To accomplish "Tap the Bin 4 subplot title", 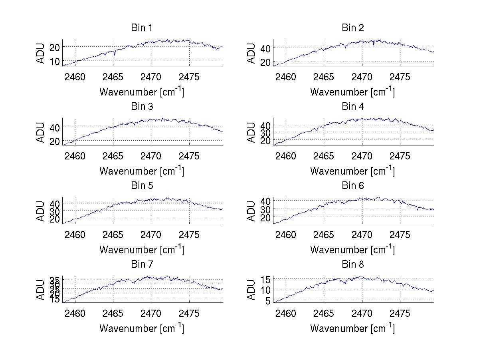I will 353,107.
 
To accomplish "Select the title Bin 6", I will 353,186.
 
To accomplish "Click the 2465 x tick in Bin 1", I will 113,77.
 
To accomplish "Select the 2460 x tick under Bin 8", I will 286,314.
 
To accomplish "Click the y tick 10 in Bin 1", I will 55,61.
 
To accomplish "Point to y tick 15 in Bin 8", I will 265,279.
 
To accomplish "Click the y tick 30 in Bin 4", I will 265,133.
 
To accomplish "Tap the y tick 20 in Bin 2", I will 265,62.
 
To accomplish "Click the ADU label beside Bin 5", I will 41,211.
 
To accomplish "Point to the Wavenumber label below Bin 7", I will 141,328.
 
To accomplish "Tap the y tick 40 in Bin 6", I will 265,200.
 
